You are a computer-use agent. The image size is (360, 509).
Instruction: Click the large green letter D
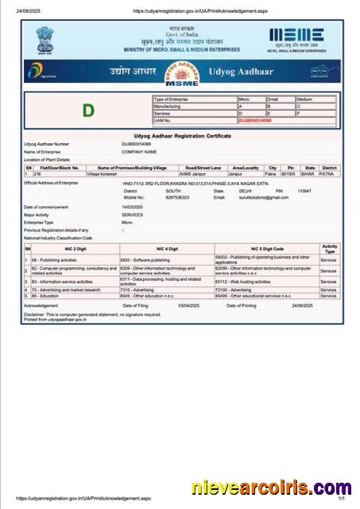click(88, 110)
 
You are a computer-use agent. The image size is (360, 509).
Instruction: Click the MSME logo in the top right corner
click(296, 36)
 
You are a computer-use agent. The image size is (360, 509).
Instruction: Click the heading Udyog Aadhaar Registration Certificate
click(183, 136)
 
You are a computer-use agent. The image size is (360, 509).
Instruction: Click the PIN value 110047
click(304, 191)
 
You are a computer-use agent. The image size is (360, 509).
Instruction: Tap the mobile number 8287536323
click(179, 196)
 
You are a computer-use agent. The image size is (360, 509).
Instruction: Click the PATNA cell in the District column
click(329, 173)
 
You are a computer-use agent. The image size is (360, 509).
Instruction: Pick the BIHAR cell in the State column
click(310, 173)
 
